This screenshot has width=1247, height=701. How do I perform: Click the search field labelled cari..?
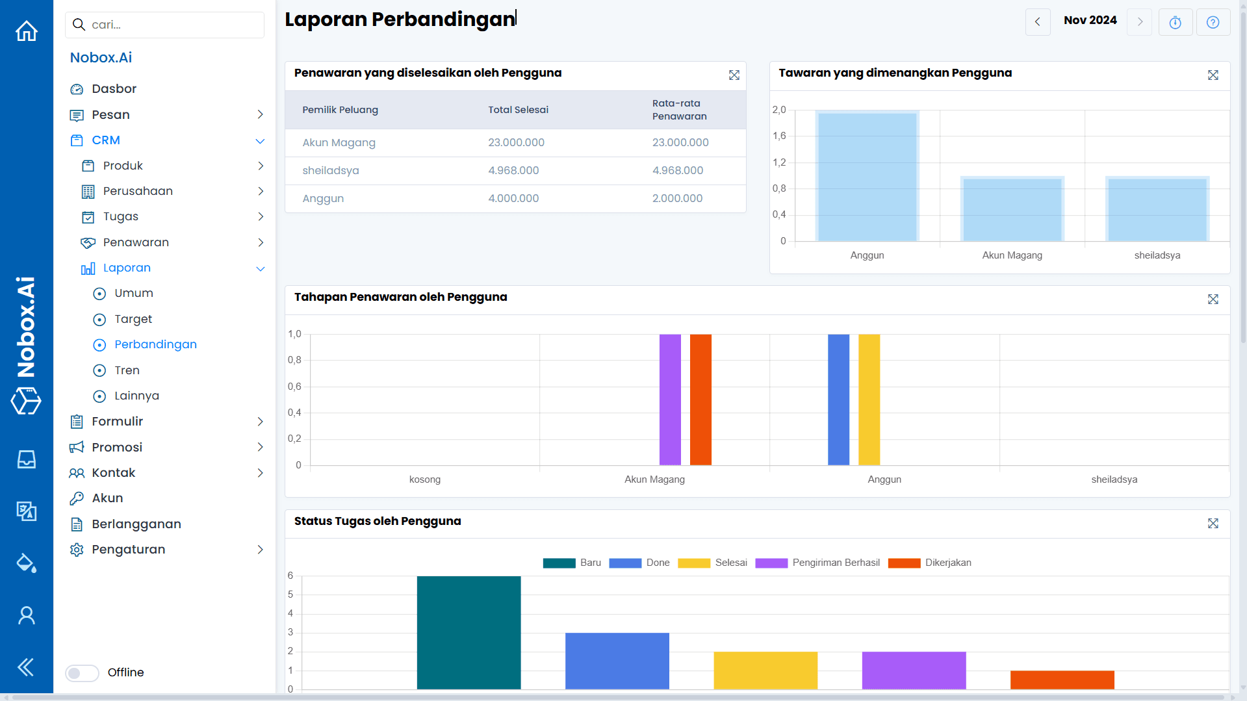pos(169,25)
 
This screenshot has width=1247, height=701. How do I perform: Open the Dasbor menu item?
pos(114,89)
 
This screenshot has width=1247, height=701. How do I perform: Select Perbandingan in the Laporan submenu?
pos(155,344)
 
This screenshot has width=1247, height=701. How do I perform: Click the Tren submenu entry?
pos(127,370)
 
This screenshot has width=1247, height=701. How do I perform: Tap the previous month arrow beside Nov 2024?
pos(1038,22)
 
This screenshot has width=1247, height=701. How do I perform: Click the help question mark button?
pos(1213,22)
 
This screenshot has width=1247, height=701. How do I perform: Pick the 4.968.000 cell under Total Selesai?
pos(513,171)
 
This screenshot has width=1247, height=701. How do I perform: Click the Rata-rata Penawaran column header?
pos(679,110)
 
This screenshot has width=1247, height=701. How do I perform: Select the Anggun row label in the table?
pos(323,199)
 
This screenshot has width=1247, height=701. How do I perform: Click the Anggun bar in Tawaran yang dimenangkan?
pos(867,177)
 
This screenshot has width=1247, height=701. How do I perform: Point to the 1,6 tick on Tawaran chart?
pos(779,136)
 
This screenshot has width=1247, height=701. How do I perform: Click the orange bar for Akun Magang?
pos(701,400)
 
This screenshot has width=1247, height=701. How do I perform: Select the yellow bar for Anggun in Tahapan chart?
pos(869,400)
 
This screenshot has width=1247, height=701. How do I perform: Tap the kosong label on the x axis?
pos(425,479)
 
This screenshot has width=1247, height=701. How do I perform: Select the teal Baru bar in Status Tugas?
pos(469,632)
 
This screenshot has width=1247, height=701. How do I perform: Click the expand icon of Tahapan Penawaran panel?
pos(1213,300)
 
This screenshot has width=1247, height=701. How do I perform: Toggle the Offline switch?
pos(82,673)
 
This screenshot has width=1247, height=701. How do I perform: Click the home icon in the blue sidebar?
pos(27,31)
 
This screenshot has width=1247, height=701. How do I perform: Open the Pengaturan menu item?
pos(128,550)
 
